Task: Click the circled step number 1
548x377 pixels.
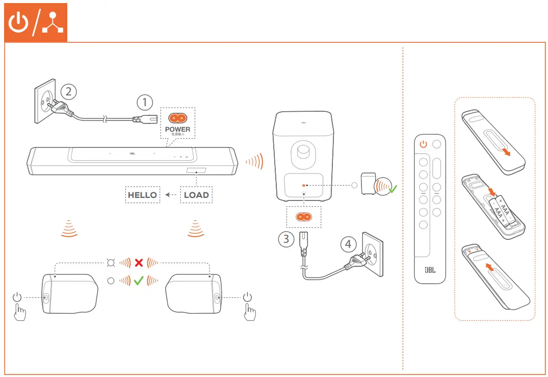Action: (x=145, y=102)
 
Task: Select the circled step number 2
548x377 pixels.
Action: (x=69, y=91)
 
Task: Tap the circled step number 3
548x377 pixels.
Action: (x=286, y=239)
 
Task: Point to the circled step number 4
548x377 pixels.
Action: (x=348, y=244)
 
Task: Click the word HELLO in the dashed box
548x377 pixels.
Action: (x=143, y=195)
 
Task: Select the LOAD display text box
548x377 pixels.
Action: (x=196, y=195)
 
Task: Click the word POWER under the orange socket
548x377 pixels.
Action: (x=178, y=129)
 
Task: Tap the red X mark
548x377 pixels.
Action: (x=139, y=263)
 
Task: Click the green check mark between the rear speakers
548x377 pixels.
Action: (x=139, y=280)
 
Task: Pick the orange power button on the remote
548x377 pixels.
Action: (x=423, y=144)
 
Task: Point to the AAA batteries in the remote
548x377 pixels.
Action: (x=502, y=210)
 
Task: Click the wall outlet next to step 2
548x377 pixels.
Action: (x=45, y=104)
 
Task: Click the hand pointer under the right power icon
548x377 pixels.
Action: (x=249, y=312)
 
